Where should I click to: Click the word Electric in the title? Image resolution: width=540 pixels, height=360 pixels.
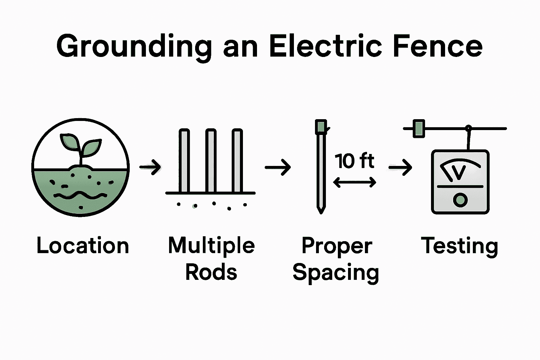pyautogui.click(x=325, y=46)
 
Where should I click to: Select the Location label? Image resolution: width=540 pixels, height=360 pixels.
pyautogui.click(x=83, y=245)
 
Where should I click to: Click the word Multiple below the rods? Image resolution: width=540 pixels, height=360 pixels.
pyautogui.click(x=211, y=245)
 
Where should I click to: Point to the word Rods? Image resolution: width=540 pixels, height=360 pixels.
pyautogui.click(x=211, y=272)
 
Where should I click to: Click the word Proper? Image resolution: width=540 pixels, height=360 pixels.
pyautogui.click(x=337, y=245)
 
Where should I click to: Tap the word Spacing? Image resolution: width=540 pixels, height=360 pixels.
pyautogui.click(x=336, y=272)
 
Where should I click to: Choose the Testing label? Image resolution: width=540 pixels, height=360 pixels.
pyautogui.click(x=459, y=245)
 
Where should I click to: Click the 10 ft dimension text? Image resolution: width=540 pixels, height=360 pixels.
pyautogui.click(x=354, y=161)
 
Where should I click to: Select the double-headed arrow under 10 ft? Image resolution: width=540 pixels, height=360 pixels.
pyautogui.click(x=354, y=182)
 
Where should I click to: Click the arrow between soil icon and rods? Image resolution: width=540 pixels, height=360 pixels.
pyautogui.click(x=150, y=167)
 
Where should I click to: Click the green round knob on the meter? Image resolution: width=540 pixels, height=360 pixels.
pyautogui.click(x=460, y=200)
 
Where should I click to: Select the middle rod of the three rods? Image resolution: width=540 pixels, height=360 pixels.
pyautogui.click(x=211, y=161)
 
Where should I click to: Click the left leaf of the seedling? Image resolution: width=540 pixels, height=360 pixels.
pyautogui.click(x=70, y=141)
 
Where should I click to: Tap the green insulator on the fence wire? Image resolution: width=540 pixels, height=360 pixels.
pyautogui.click(x=418, y=128)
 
